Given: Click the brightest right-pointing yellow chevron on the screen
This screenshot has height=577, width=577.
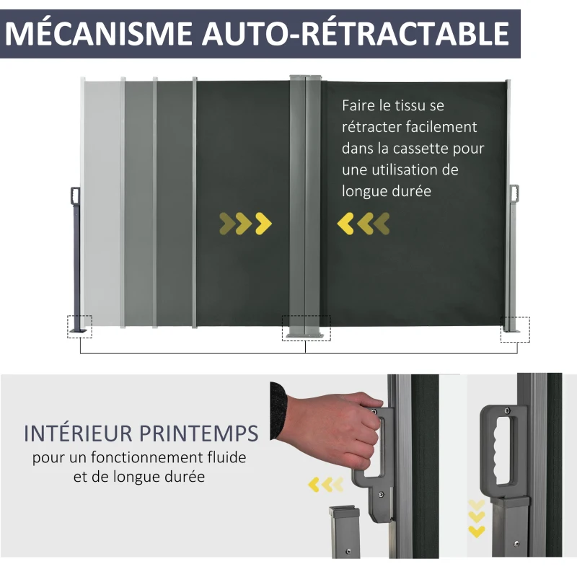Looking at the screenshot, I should tap(264, 224).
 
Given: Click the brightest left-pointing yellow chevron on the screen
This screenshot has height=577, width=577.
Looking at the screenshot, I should tap(345, 224).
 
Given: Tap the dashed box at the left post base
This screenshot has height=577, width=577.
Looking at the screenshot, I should tap(80, 326).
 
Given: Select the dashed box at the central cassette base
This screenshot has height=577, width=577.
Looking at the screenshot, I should tap(305, 328).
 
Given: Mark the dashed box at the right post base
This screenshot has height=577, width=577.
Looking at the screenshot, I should tap(515, 329).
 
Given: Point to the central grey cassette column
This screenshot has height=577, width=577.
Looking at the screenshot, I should tap(305, 202).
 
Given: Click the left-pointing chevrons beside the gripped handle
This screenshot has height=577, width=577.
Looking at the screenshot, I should tap(322, 483).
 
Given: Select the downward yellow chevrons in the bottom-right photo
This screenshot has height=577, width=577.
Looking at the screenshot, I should tap(476, 518).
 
